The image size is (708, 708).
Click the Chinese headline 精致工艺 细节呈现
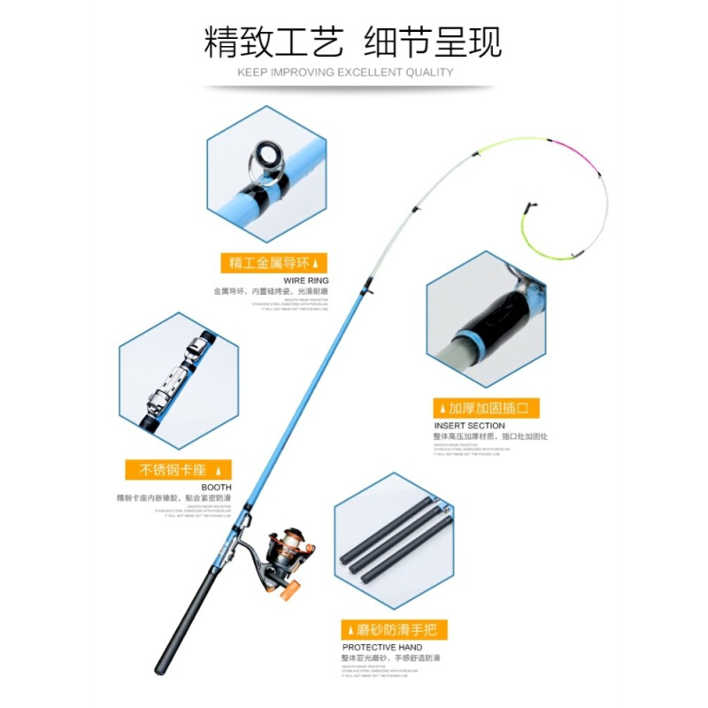352,42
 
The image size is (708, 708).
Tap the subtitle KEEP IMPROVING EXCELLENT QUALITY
345,73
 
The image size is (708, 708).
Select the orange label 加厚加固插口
486,409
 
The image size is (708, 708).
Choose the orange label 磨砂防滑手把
395,630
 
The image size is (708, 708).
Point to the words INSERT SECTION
469,426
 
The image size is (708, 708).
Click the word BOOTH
216,488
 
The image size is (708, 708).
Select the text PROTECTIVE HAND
382,648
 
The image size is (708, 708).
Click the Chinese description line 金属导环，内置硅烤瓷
270,291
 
